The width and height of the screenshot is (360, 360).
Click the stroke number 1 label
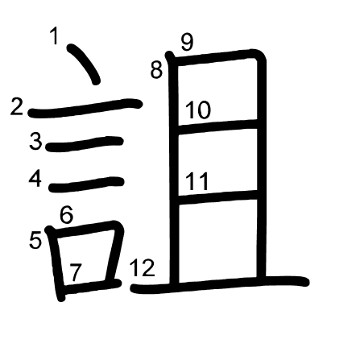55,35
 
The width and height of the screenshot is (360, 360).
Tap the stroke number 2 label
17,106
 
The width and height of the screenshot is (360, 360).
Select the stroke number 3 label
35,141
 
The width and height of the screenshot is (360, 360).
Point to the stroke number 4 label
35,178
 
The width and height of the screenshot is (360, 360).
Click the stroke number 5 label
35,240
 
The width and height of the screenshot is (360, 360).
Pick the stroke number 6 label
66,214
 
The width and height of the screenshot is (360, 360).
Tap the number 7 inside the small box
76,272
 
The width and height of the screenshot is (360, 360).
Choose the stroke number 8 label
156,69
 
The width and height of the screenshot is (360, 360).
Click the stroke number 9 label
187,42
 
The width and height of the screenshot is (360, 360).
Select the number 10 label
198,110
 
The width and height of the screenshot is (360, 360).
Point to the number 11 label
197,181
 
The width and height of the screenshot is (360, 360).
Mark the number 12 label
143,268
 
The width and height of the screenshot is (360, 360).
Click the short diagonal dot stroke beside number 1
84,64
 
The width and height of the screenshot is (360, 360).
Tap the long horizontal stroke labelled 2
85,108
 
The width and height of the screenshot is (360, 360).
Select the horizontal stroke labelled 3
85,143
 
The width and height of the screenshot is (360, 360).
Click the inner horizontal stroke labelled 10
218,126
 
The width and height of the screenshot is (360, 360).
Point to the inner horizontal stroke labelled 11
218,197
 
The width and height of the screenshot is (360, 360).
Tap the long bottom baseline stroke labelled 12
220,284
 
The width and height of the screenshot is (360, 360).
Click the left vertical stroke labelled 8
173,169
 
